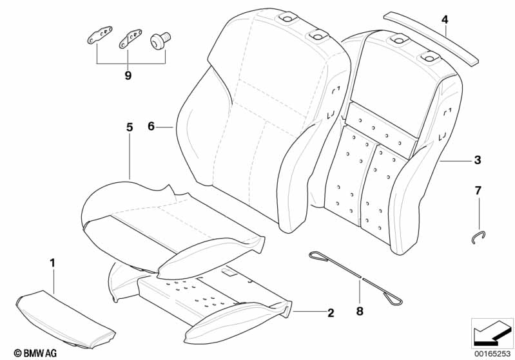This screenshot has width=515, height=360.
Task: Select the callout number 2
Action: (x=331, y=314)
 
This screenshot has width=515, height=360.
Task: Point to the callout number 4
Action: (x=445, y=20)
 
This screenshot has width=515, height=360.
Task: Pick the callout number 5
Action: (x=129, y=128)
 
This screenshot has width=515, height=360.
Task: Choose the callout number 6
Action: (x=151, y=126)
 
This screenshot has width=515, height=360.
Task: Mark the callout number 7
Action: (x=478, y=191)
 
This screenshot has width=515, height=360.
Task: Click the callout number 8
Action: (x=360, y=311)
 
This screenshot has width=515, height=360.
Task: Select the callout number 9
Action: (x=128, y=76)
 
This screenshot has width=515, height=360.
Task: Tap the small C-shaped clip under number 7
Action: (x=477, y=238)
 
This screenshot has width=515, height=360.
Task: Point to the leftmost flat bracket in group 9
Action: (x=99, y=35)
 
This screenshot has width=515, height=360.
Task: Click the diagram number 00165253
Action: (x=492, y=353)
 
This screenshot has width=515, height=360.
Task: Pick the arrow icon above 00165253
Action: (x=492, y=332)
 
